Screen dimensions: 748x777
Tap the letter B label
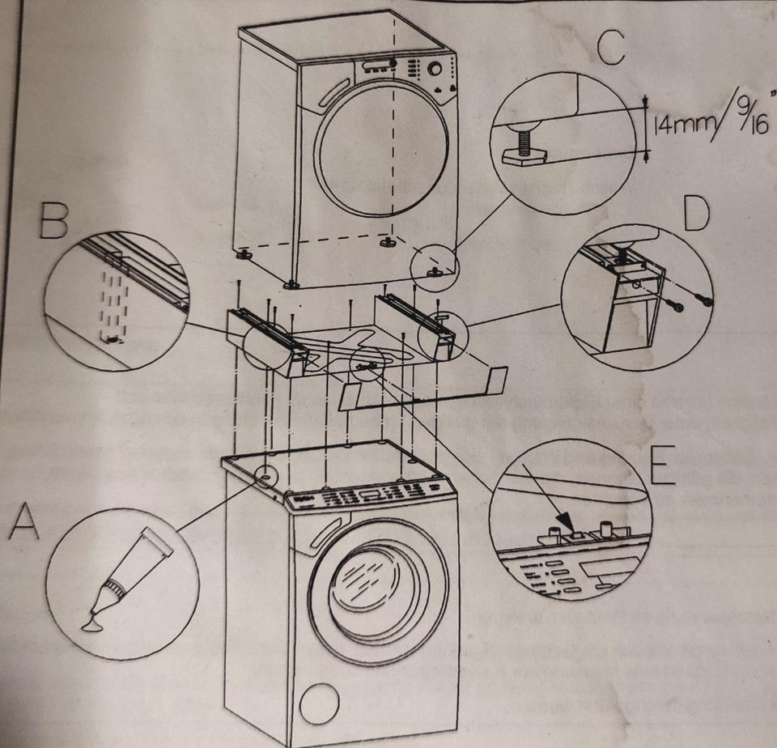tap(53, 219)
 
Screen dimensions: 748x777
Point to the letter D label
tap(695, 214)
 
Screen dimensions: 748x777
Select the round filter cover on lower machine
tap(319, 703)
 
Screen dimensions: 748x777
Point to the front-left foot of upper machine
tap(291, 283)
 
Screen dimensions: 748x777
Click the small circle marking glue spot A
tap(265, 473)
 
